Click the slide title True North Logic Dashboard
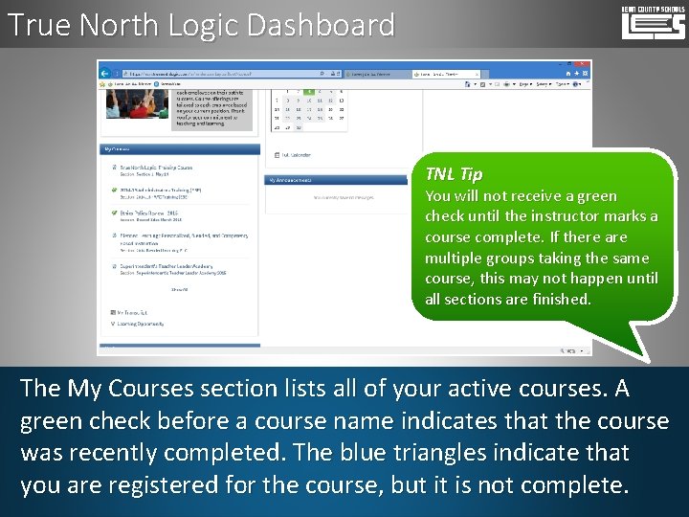pyautogui.click(x=200, y=25)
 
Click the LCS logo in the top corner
pyautogui.click(x=653, y=24)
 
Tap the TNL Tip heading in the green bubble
pyautogui.click(x=454, y=174)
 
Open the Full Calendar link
pyautogui.click(x=296, y=154)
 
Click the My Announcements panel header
pyautogui.click(x=292, y=180)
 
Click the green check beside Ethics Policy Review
pyautogui.click(x=114, y=214)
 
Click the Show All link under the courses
pyautogui.click(x=179, y=288)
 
